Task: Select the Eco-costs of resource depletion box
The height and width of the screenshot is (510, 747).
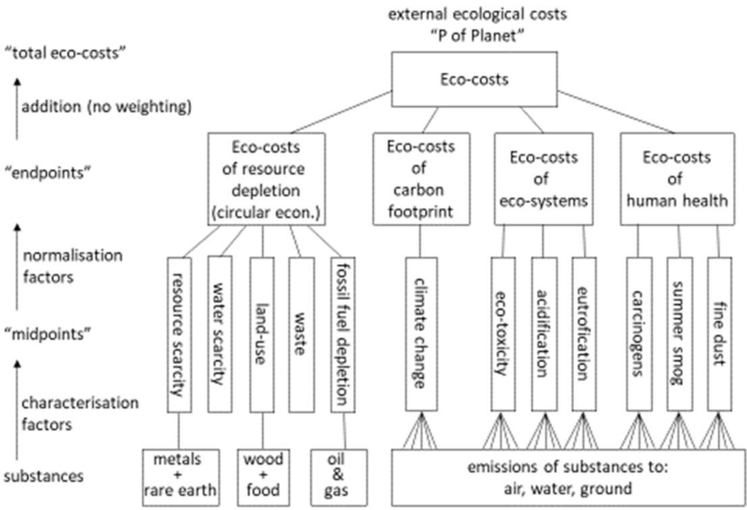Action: pos(267,178)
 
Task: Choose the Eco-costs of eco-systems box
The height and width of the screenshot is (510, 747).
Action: pos(543,178)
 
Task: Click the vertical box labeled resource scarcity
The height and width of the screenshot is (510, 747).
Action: pos(178,334)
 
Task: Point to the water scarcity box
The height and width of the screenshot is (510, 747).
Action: pos(219,334)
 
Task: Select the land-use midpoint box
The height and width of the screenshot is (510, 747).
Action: pos(260,334)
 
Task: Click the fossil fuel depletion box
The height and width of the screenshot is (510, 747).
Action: pos(342,334)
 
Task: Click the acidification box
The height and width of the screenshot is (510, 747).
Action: pos(544,334)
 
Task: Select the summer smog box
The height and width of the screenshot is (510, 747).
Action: pos(679,334)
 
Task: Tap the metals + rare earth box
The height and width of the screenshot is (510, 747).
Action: pos(181,477)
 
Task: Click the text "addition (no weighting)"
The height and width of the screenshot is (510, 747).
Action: pos(107,107)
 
